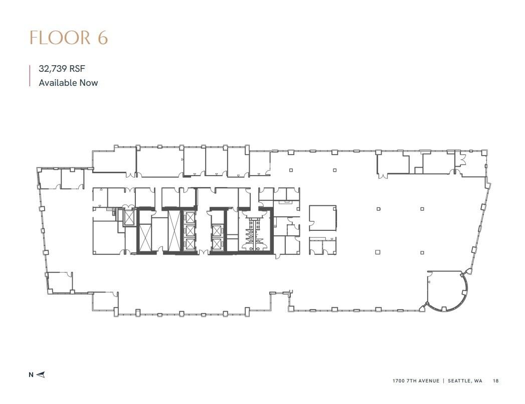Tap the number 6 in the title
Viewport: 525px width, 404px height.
102,38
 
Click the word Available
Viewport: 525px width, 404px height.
58,82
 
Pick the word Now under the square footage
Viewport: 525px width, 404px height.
89,82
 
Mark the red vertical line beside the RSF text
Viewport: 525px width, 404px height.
30,76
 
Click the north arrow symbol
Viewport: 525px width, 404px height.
41,374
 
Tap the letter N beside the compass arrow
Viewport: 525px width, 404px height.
31,374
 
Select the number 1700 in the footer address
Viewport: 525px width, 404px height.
399,381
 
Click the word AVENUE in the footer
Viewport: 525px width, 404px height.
428,381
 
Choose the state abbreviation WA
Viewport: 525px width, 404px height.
479,381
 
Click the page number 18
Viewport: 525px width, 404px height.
496,381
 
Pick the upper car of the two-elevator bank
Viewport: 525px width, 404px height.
217,231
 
